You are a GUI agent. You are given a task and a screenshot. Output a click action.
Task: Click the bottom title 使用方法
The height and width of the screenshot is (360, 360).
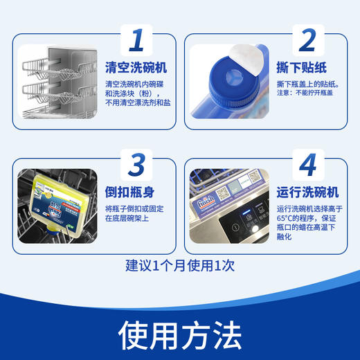click(x=180, y=335)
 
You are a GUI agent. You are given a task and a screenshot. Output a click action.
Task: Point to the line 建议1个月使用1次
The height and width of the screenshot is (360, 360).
click(x=180, y=266)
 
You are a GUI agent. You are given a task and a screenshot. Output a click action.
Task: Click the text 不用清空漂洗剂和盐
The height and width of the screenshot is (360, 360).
click(x=138, y=102)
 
